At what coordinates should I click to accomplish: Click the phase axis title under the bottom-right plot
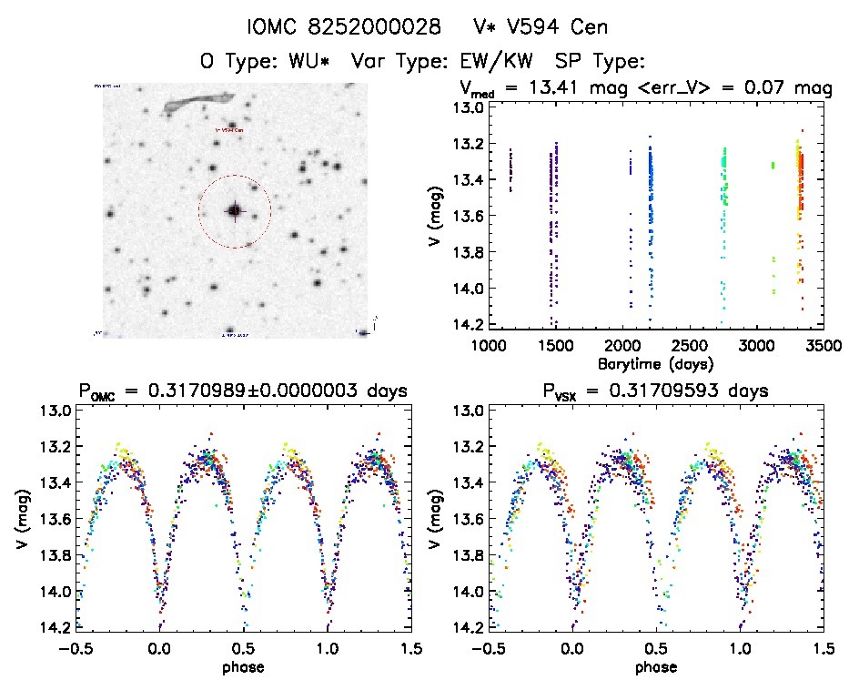[655, 666]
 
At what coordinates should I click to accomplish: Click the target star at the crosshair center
[235, 210]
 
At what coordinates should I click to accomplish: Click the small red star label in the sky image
[229, 130]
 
